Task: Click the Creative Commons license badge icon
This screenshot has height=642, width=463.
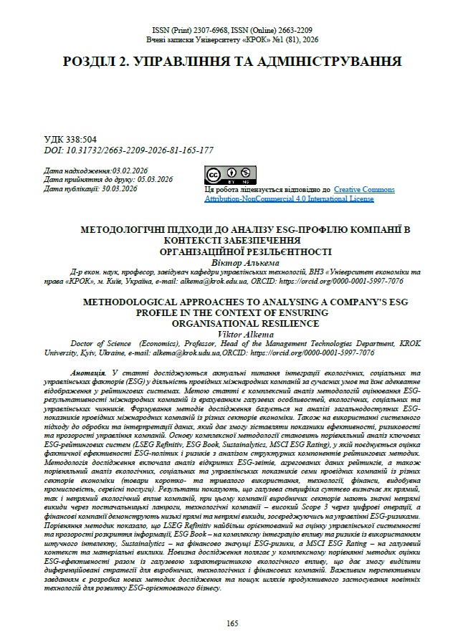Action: click(230, 174)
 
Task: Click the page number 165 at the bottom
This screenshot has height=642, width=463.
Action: click(231, 623)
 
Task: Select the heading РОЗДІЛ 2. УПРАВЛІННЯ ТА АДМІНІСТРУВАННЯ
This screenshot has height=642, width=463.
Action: click(231, 62)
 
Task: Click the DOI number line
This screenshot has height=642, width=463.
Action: click(129, 150)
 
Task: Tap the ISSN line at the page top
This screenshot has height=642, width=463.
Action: click(231, 30)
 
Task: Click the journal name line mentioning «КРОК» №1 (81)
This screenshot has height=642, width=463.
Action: click(231, 40)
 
